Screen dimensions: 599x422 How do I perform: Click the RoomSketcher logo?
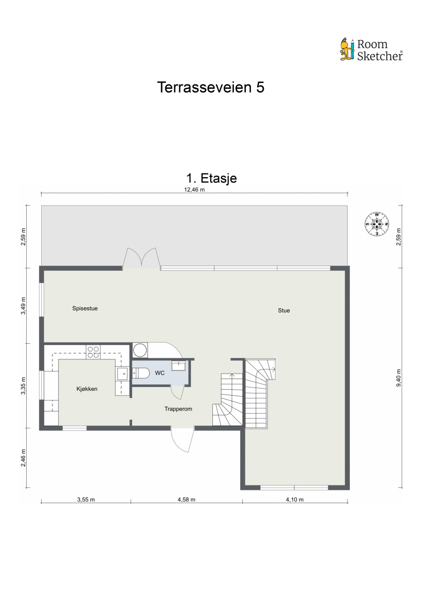coord(371,49)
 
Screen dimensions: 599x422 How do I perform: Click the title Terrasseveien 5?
coord(211,87)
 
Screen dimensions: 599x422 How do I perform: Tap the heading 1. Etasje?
coord(211,178)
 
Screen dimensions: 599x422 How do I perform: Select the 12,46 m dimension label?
coord(195,189)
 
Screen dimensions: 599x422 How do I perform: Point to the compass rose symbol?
coord(377,224)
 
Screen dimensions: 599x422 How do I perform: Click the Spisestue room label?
coord(85,308)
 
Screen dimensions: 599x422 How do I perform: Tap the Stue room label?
coord(283,310)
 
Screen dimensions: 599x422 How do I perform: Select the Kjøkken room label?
coord(86,389)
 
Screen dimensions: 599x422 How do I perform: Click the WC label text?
coord(159,373)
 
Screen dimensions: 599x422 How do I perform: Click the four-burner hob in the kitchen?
coord(93,351)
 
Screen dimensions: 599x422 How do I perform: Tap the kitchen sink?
coord(122,374)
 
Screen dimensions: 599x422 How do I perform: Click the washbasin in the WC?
coord(178,365)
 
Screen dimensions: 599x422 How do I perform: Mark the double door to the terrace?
coord(141,258)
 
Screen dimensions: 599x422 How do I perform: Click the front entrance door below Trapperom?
coord(182,440)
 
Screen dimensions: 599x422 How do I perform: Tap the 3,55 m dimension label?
coord(86,500)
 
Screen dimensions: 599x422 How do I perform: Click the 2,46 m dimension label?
coord(23,458)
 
